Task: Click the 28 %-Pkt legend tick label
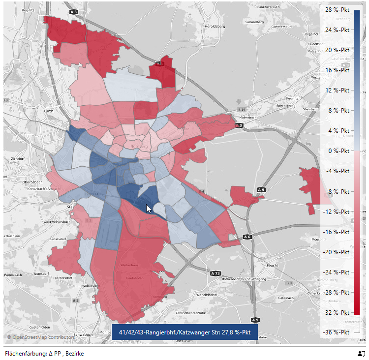coord(338,9)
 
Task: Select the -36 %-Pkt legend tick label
coord(338,332)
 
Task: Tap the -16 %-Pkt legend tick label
coord(338,231)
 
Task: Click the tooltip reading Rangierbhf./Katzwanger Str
coord(184,333)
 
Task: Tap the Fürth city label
coord(48,111)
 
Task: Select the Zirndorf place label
coord(17,160)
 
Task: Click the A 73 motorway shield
coord(215,273)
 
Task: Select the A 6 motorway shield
coord(247,237)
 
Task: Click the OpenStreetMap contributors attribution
coord(41,337)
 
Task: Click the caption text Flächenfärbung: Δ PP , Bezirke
coord(44,354)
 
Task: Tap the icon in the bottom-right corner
coord(362,354)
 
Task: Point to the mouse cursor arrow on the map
coord(148,208)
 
